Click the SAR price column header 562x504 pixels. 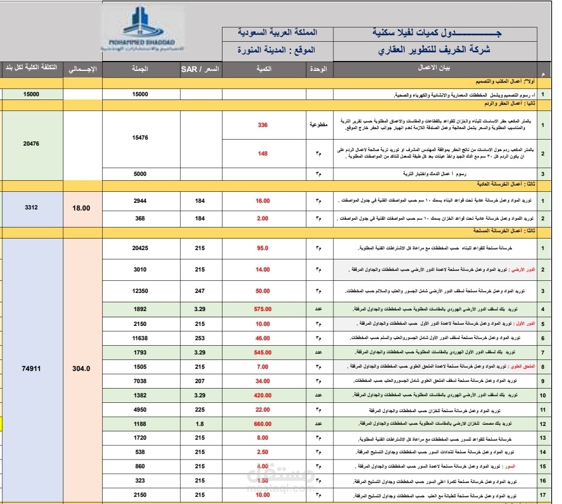click(x=200, y=69)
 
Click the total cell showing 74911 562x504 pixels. click(x=31, y=368)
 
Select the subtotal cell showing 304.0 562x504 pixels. click(x=81, y=368)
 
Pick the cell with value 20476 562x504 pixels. click(x=31, y=143)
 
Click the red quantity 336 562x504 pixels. click(x=263, y=125)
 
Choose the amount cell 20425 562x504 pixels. click(x=140, y=248)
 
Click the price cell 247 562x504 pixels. click(x=200, y=290)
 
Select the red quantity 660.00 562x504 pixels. click(x=263, y=424)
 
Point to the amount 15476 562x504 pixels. click(x=140, y=138)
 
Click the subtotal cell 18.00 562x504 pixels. click(x=81, y=208)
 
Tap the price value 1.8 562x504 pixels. click(x=200, y=424)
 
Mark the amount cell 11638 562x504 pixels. click(x=140, y=337)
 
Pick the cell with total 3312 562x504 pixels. click(x=31, y=208)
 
